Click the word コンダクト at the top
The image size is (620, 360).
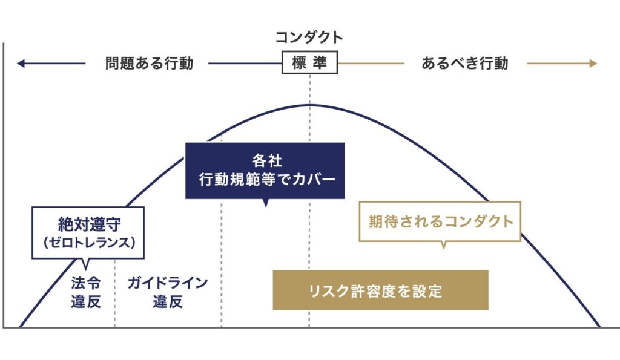click(x=309, y=38)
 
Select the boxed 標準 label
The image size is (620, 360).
click(x=309, y=63)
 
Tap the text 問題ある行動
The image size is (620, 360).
click(x=149, y=63)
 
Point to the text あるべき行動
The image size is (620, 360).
click(x=465, y=63)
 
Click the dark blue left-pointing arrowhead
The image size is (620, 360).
click(x=21, y=63)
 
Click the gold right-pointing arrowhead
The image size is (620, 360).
click(x=593, y=63)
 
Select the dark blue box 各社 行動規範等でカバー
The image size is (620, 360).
click(x=265, y=171)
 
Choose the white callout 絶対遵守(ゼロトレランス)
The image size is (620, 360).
click(x=88, y=232)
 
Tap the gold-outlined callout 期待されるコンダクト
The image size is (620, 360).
click(x=440, y=221)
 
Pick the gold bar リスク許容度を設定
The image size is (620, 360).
click(x=380, y=290)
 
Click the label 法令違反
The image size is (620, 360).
click(x=86, y=292)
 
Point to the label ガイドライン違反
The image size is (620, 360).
click(x=168, y=292)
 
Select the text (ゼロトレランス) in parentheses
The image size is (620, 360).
click(x=88, y=243)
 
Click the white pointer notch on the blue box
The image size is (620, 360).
click(x=265, y=204)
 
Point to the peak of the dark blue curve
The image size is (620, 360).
click(x=309, y=105)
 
